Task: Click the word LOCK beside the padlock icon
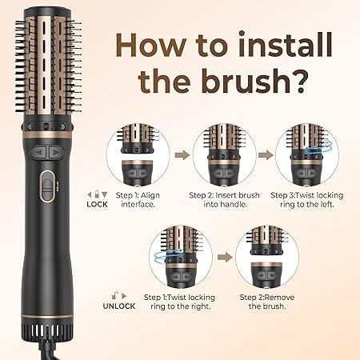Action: pyautogui.click(x=97, y=204)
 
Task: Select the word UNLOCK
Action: pyautogui.click(x=119, y=306)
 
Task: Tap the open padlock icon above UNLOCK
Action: pyautogui.click(x=115, y=295)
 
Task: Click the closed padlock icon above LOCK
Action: pyautogui.click(x=97, y=194)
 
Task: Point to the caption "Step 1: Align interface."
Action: pyautogui.click(x=138, y=200)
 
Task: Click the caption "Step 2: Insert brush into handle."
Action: pyautogui.click(x=224, y=200)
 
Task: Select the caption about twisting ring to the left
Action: pyautogui.click(x=307, y=200)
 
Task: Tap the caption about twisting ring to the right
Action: pyautogui.click(x=180, y=302)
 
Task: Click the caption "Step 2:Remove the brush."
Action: pyautogui.click(x=267, y=302)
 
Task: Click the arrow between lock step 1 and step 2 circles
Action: pyautogui.click(x=182, y=155)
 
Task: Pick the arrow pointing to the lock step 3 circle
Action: pyautogui.click(x=266, y=155)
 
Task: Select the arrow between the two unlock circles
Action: pyautogui.click(x=225, y=258)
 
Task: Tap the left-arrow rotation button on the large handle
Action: pyautogui.click(x=39, y=152)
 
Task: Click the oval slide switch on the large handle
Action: pyautogui.click(x=47, y=186)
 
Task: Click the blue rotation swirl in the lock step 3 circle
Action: pyautogui.click(x=319, y=146)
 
